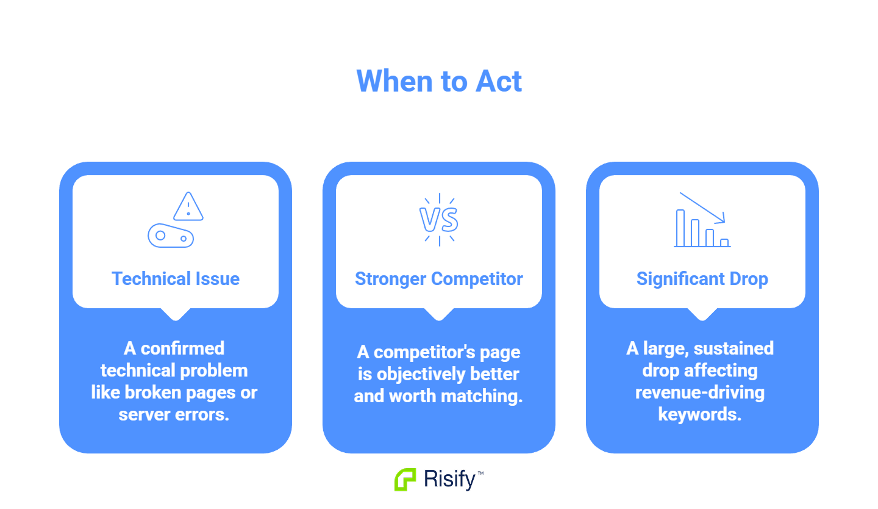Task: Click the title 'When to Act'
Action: [x=439, y=81]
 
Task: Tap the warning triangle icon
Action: [x=188, y=206]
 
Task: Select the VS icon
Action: [x=439, y=220]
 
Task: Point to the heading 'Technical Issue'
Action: [x=176, y=279]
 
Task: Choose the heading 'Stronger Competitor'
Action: [x=439, y=279]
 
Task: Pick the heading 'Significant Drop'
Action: [x=702, y=279]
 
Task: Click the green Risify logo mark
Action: [x=405, y=480]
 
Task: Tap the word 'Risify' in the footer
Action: [x=449, y=480]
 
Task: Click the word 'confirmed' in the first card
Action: [x=182, y=348]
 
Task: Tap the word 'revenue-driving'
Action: [x=700, y=392]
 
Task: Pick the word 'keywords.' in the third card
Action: [x=700, y=414]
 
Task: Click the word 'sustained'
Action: [x=733, y=348]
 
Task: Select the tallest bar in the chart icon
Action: [x=680, y=228]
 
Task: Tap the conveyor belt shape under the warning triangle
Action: [x=171, y=236]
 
